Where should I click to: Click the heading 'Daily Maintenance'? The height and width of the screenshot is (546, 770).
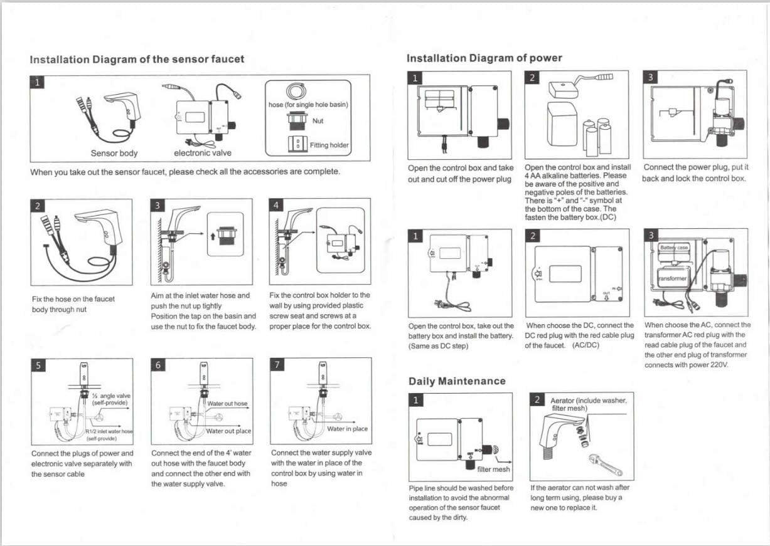point(456,381)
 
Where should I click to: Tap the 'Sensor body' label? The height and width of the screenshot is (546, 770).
point(114,153)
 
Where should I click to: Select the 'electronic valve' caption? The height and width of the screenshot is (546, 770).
point(202,153)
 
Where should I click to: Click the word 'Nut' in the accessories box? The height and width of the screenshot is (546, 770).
point(318,121)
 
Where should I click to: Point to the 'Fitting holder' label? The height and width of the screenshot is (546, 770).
point(329,145)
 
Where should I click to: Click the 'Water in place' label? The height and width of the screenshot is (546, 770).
point(347,429)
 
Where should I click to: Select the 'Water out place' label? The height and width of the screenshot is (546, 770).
point(228,431)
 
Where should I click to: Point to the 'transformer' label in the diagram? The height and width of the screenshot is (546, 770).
point(673,278)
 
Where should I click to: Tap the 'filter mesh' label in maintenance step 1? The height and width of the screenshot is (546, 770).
point(494,469)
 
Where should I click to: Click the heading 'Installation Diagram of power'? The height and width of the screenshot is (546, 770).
point(484,58)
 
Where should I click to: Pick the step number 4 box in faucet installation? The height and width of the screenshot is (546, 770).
point(277,206)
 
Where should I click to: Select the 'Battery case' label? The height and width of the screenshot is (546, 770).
point(673,248)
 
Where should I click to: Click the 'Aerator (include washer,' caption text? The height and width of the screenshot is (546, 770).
point(588,401)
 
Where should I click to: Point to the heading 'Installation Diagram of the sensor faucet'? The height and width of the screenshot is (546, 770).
point(137,60)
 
